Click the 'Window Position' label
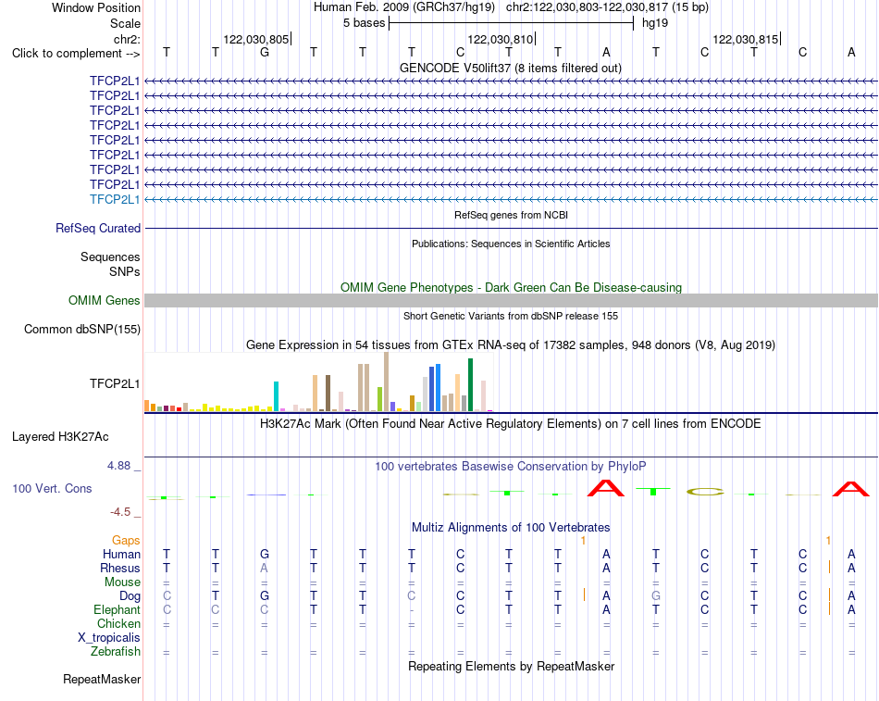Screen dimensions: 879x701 [96, 7]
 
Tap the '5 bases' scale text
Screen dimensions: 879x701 [365, 23]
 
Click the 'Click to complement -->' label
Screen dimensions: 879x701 [76, 54]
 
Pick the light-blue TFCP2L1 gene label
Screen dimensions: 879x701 [115, 199]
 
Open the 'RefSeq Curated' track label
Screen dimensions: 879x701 [98, 229]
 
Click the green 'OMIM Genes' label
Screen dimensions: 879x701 [104, 300]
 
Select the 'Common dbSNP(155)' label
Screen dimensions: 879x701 [81, 330]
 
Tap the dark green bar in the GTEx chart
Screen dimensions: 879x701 [470, 385]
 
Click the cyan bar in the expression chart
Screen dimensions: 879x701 [276, 397]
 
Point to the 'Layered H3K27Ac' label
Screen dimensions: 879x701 [60, 437]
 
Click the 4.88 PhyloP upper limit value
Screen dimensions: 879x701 [118, 466]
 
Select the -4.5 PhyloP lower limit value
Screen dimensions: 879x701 [120, 512]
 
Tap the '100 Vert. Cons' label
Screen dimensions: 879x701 [52, 489]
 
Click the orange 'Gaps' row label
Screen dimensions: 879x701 [126, 541]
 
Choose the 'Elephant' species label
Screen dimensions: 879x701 [117, 610]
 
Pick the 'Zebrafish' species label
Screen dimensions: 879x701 [115, 652]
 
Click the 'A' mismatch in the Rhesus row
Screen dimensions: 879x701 [264, 568]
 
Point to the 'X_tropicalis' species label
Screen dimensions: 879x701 [109, 638]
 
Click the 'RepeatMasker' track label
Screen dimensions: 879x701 [102, 680]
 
